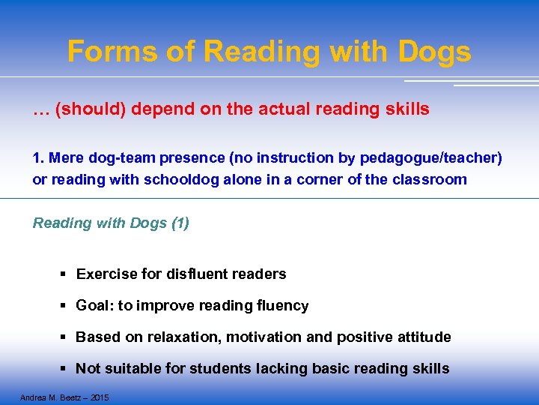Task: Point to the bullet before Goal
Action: (66, 306)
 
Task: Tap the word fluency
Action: (282, 306)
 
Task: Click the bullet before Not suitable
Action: (66, 369)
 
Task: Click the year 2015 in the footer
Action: (99, 397)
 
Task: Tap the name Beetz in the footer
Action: (70, 397)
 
